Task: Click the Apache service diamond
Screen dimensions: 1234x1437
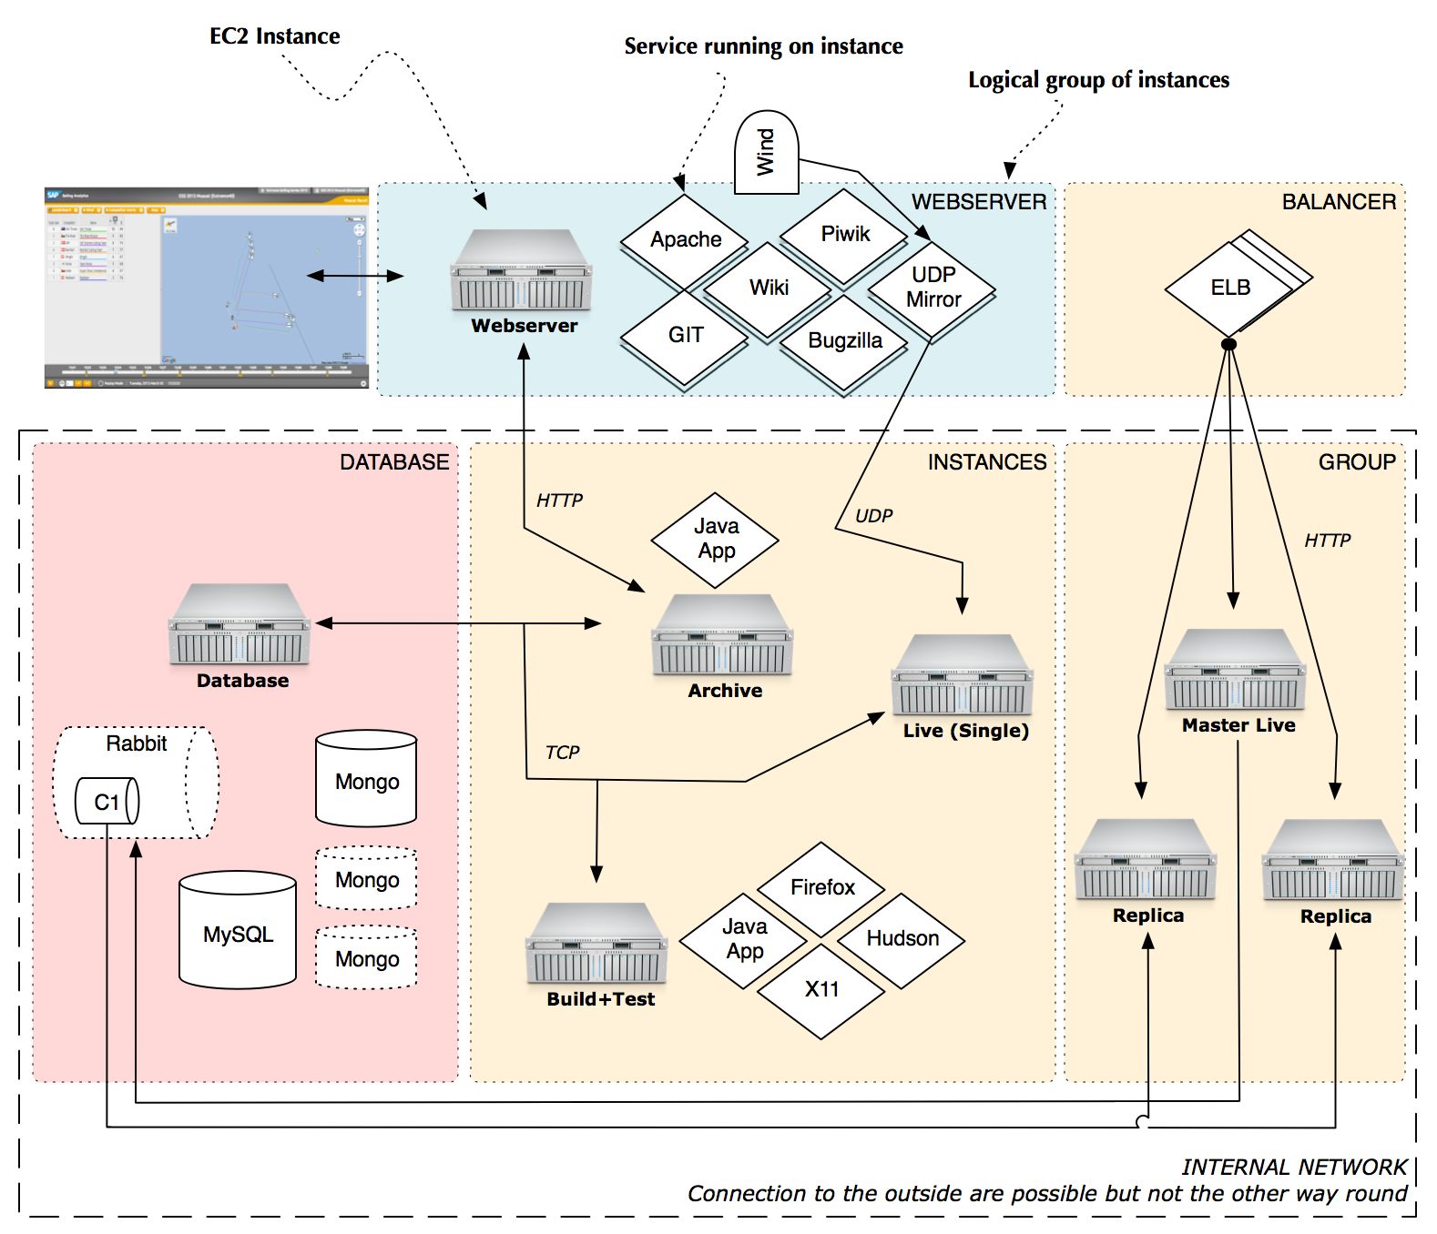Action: coord(685,239)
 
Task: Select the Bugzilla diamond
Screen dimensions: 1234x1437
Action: coord(845,341)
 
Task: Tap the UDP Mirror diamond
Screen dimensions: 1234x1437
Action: coord(933,288)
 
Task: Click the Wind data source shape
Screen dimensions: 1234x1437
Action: coord(766,153)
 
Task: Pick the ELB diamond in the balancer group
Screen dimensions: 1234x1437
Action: coord(1229,288)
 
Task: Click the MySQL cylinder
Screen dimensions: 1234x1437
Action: coord(238,932)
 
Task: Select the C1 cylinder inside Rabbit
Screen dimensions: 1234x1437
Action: coord(107,802)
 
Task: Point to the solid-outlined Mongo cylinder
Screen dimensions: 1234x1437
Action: coord(366,780)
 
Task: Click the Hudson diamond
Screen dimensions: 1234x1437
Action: coord(902,939)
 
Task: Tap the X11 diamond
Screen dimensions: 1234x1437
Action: coord(821,990)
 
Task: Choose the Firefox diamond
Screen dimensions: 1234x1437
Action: coord(821,887)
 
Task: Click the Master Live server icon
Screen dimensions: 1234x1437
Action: coord(1235,671)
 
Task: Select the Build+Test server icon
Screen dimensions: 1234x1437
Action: coord(596,945)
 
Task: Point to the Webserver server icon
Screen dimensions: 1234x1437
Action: coord(522,270)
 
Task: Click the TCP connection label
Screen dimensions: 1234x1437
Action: coord(562,753)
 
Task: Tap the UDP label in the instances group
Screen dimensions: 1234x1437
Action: coord(873,516)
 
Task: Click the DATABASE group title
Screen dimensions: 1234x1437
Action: coord(394,462)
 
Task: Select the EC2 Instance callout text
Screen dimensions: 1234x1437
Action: coord(274,36)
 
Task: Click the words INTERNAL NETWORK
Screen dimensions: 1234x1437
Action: coord(1293,1168)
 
